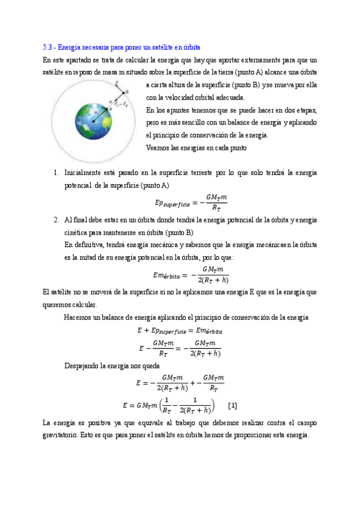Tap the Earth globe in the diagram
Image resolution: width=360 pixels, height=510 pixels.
[x=94, y=121]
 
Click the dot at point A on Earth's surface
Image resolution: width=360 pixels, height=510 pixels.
[x=107, y=109]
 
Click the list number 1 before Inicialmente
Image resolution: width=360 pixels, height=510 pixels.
[x=56, y=173]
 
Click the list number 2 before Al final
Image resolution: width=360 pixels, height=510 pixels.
[x=56, y=219]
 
